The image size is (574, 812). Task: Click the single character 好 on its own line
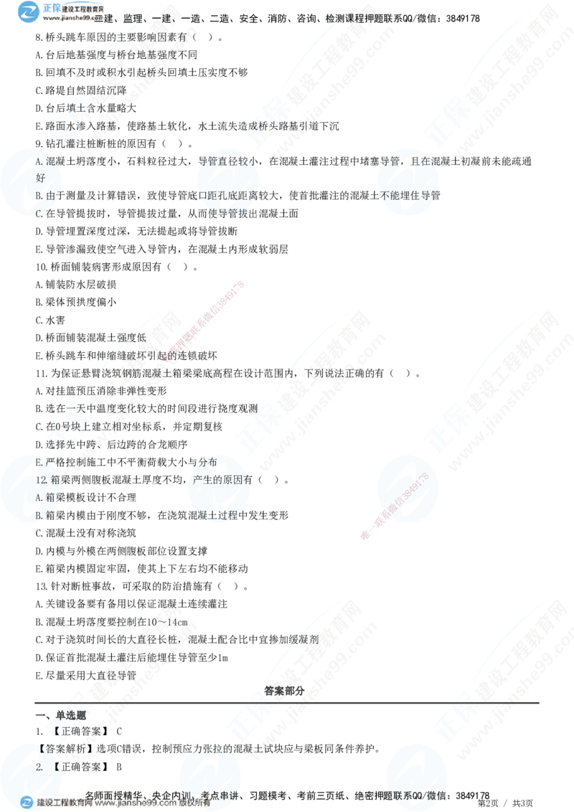[39, 176]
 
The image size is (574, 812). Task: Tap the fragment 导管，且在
[406, 160]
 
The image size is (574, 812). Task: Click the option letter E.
[39, 463]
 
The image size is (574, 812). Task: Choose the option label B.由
[45, 194]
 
